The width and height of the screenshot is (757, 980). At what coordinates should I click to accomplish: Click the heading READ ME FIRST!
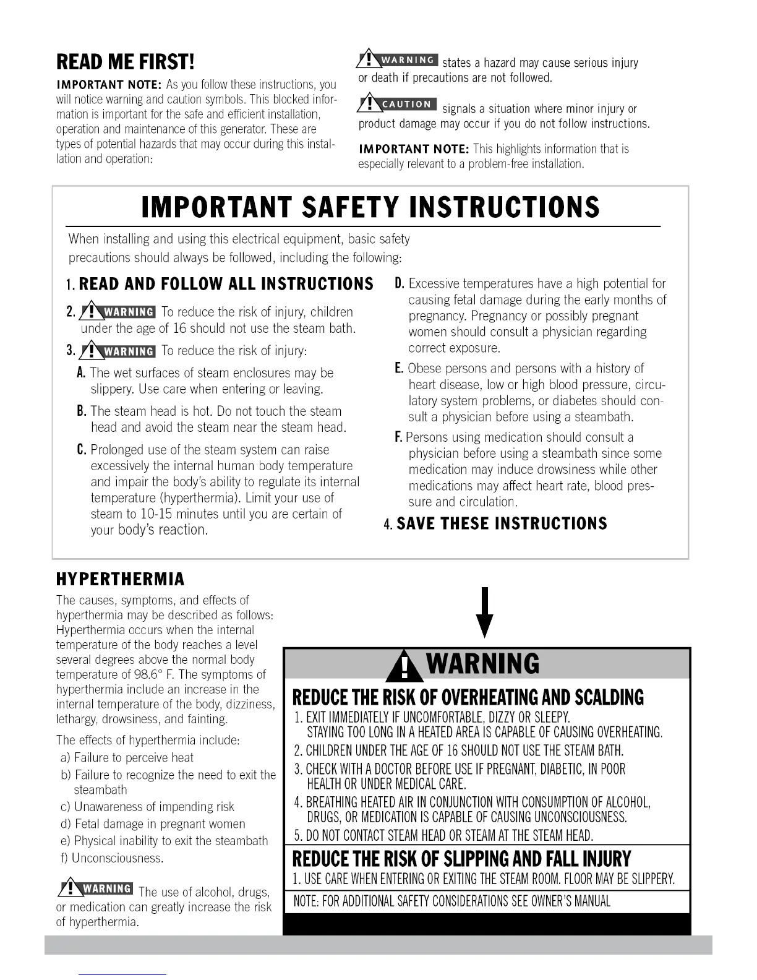pos(125,62)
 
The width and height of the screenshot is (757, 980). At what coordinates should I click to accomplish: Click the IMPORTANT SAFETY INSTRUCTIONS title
pos(370,208)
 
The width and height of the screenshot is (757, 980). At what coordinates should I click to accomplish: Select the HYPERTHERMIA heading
pos(121,579)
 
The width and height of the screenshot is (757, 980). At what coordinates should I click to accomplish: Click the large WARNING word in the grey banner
pos(482,664)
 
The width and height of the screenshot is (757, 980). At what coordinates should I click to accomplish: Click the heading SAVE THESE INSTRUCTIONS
pos(502,524)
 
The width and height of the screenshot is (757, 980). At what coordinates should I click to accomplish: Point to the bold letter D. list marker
pos(400,283)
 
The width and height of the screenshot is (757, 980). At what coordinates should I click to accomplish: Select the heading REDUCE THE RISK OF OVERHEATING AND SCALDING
pos(468,698)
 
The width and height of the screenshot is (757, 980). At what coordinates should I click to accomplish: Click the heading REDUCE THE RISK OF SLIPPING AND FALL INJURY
pos(461,859)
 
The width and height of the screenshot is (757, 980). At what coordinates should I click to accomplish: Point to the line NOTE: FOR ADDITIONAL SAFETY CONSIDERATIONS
pos(451,901)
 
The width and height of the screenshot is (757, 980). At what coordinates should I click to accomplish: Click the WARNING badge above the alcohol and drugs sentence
pos(95,889)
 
